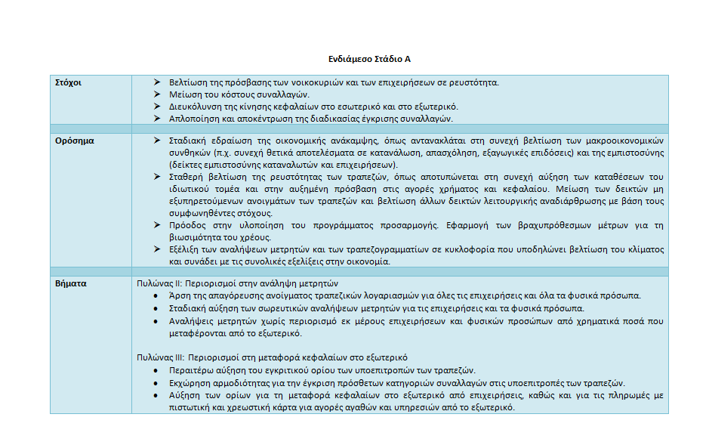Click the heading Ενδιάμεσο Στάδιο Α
369,59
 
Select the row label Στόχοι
69,82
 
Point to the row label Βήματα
70,283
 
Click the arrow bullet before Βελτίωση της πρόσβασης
156,82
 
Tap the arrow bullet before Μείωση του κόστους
156,94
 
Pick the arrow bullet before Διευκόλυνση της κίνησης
156,107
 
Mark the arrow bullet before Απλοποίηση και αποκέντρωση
156,119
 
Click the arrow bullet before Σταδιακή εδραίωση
156,141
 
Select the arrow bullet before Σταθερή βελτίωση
156,177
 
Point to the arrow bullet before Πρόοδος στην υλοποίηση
156,225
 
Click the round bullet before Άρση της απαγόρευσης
156,296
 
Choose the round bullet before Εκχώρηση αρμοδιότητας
156,383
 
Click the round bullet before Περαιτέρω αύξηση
156,370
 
